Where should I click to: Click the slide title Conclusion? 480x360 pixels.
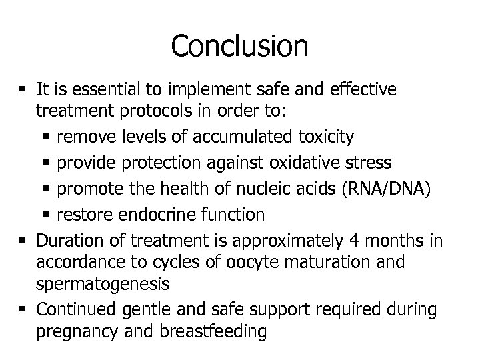239,46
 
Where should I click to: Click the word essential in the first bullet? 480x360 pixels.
104,89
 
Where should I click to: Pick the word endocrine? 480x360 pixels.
169,215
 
